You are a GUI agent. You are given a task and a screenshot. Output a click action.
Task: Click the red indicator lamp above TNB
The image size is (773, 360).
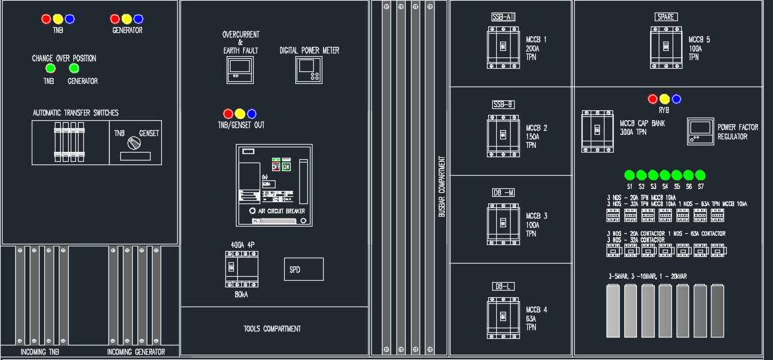click(x=46, y=19)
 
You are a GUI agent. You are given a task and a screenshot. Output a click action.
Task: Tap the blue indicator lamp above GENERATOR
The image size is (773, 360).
click(x=138, y=19)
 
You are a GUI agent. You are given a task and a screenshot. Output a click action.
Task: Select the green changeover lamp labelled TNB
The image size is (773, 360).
click(x=50, y=68)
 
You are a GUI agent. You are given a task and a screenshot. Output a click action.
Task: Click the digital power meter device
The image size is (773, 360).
click(x=309, y=69)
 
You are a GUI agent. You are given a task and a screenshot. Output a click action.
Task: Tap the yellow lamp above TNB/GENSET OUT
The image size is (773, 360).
click(x=240, y=114)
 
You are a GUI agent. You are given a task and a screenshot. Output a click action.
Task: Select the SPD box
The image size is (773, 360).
click(x=303, y=269)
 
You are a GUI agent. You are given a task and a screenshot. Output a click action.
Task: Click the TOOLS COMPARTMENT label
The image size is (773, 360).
click(x=272, y=329)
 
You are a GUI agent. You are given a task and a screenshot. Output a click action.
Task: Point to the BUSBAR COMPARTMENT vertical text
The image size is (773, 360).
click(x=441, y=188)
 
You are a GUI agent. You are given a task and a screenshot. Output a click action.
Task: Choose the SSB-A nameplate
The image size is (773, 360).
click(x=503, y=17)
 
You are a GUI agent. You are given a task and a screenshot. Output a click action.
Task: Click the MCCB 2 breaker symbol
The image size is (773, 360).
click(x=503, y=135)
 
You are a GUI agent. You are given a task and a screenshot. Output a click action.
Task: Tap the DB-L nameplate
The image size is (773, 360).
click(x=503, y=286)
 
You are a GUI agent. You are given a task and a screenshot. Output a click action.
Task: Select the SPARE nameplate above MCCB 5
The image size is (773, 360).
click(x=666, y=17)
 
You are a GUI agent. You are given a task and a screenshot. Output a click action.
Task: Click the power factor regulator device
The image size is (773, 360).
click(x=700, y=130)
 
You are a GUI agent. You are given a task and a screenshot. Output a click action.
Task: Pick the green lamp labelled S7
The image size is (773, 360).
click(x=700, y=175)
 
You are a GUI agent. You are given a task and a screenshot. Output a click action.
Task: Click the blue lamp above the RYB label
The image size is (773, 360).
click(x=677, y=99)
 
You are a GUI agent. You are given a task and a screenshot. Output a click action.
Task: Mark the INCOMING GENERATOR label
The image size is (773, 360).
click(x=136, y=352)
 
